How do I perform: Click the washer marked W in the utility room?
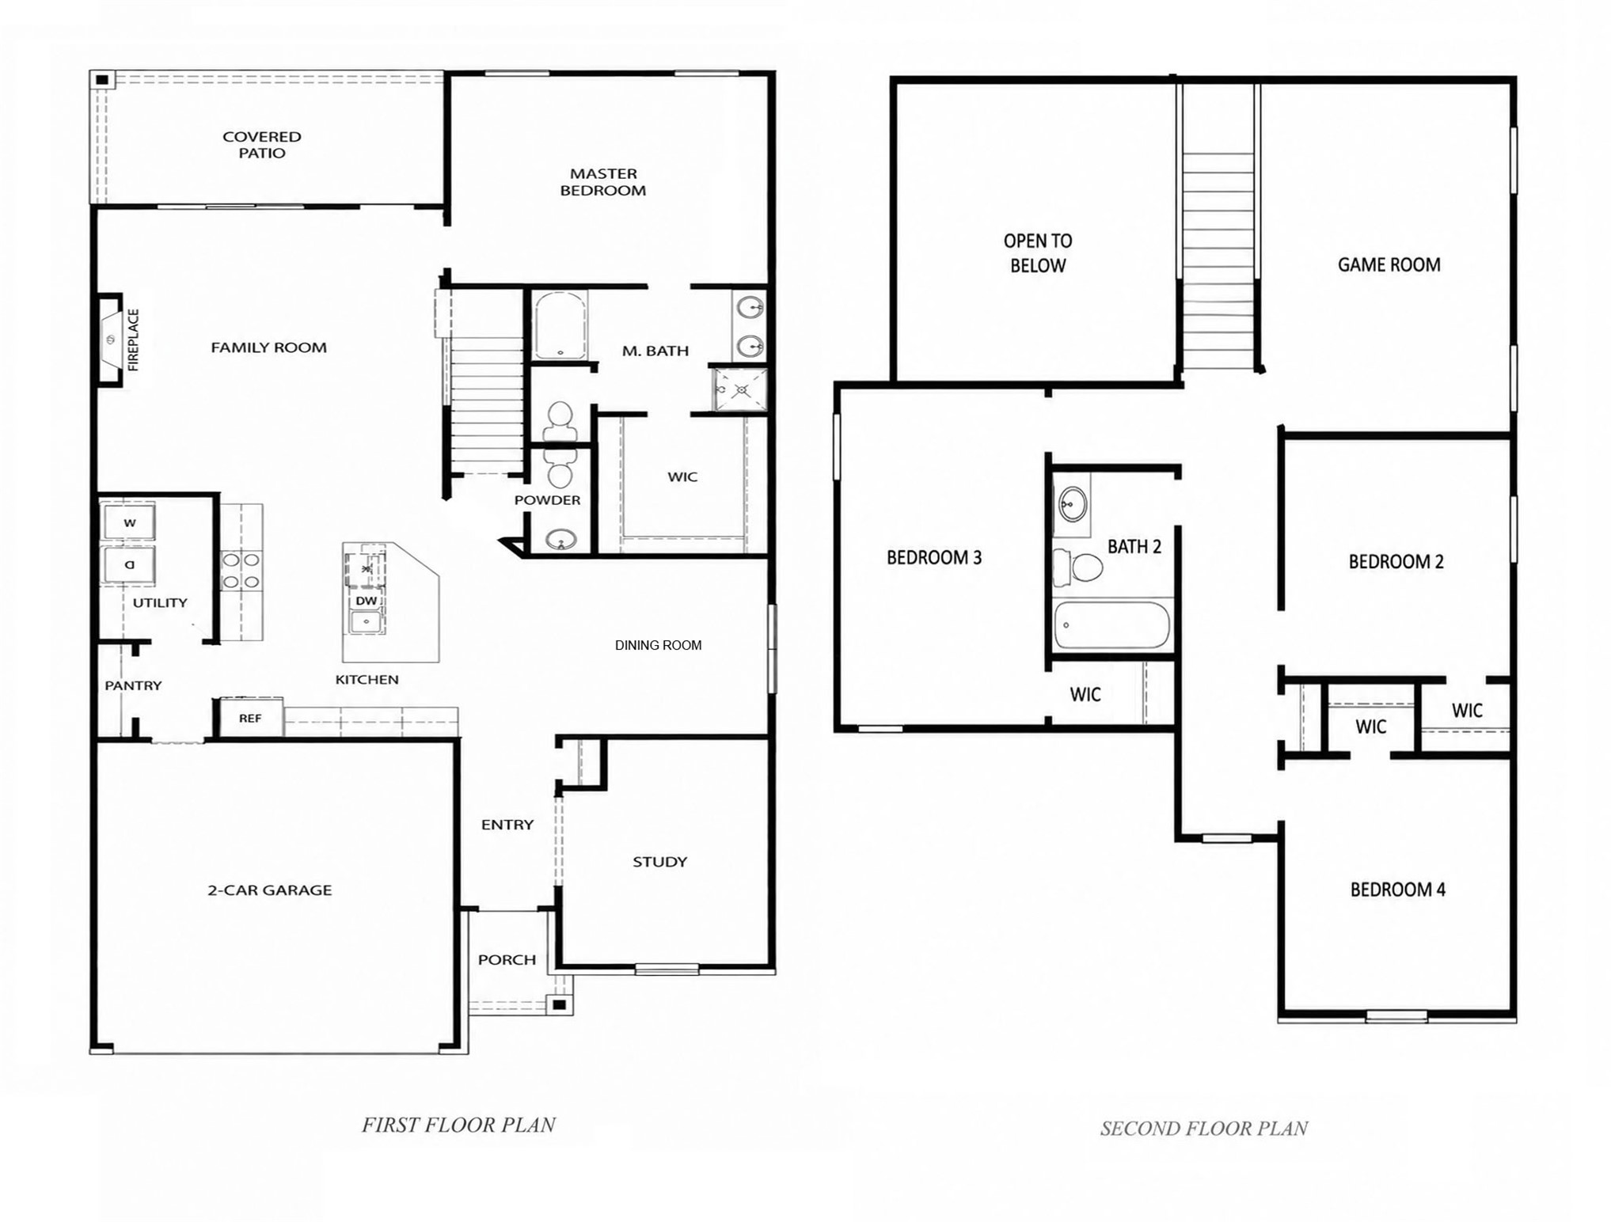point(128,522)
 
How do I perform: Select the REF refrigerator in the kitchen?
point(250,718)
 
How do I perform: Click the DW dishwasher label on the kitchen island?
point(366,601)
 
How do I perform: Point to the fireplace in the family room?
point(111,340)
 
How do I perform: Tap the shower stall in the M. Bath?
point(740,389)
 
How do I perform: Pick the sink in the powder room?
point(561,541)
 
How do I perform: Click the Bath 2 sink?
point(1073,503)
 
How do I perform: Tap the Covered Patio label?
point(262,145)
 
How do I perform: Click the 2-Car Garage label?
point(270,890)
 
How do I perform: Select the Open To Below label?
point(1038,253)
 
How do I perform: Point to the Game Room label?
point(1389,265)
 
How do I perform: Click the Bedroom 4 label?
point(1398,890)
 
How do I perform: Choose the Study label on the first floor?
point(660,862)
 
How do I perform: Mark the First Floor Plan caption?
point(459,1125)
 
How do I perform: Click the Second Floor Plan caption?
point(1204,1129)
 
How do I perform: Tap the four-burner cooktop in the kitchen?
point(241,571)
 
